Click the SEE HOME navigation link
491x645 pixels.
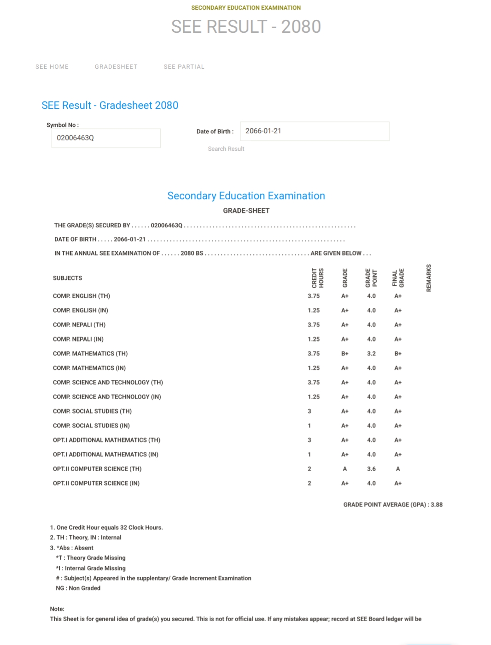click(x=52, y=67)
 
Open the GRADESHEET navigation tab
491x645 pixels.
click(x=116, y=67)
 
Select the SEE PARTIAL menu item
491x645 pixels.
click(x=184, y=67)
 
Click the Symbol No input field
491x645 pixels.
click(x=106, y=138)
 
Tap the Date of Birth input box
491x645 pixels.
click(x=315, y=131)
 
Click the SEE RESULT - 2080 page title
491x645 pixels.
click(x=246, y=27)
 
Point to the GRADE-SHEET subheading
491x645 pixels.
click(x=246, y=211)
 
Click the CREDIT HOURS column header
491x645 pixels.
click(x=318, y=278)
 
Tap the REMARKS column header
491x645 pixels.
click(x=429, y=278)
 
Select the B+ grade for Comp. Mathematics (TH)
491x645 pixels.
click(x=345, y=354)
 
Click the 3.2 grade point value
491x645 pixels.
click(x=371, y=354)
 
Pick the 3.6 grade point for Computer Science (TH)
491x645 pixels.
click(x=371, y=469)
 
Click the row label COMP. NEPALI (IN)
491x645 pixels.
click(x=78, y=339)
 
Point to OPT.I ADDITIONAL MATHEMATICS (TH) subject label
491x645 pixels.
click(x=106, y=440)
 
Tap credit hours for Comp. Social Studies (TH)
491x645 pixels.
click(x=310, y=411)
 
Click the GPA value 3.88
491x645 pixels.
click(x=437, y=505)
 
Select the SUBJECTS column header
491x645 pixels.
click(x=68, y=278)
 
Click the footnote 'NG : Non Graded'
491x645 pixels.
click(x=78, y=588)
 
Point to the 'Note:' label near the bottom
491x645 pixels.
click(x=57, y=609)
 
